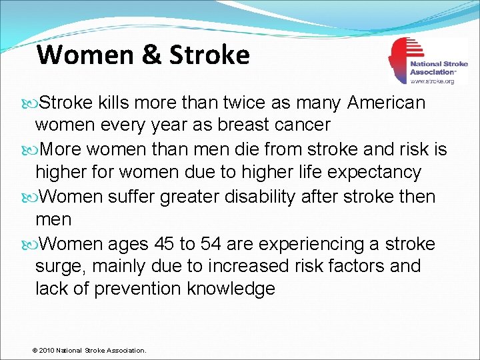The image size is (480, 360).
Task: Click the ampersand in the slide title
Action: click(x=149, y=54)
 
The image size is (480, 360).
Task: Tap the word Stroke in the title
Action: click(x=209, y=54)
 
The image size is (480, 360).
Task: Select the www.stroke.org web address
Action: click(x=432, y=81)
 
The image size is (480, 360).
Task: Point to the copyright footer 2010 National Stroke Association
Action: click(x=89, y=350)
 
